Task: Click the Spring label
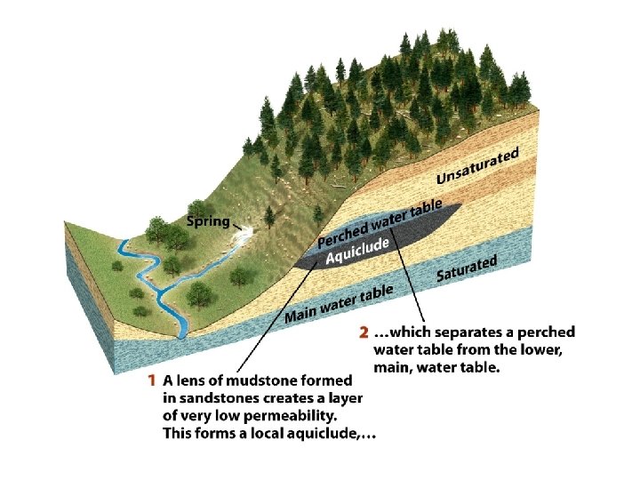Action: (x=208, y=221)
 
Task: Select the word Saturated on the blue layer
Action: (x=466, y=268)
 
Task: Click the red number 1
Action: (x=154, y=380)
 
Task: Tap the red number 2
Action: (x=363, y=332)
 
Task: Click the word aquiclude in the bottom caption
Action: (x=329, y=434)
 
